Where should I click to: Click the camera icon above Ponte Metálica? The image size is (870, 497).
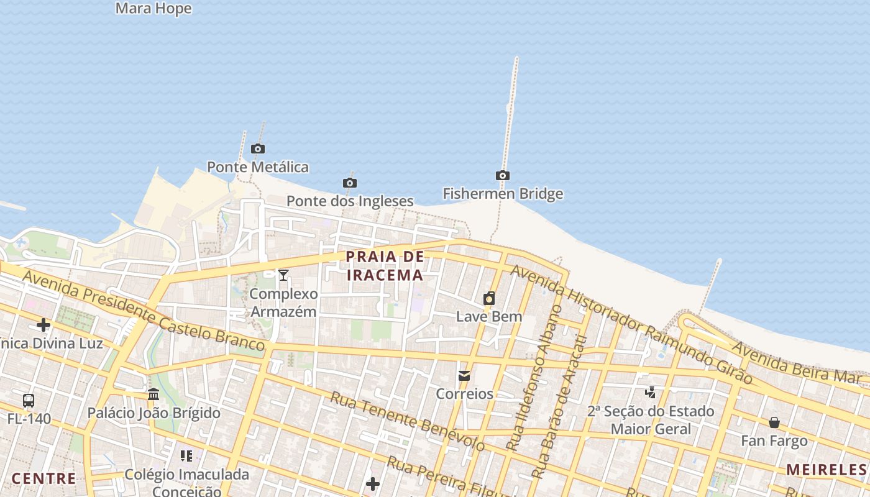click(x=258, y=149)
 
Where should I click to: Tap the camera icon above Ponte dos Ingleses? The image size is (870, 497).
click(x=350, y=183)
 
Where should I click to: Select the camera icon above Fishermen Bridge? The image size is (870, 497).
click(x=503, y=176)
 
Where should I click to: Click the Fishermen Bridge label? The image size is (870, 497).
click(x=503, y=194)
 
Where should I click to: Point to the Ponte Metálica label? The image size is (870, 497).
click(x=257, y=167)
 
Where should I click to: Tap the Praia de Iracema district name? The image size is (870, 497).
click(x=385, y=265)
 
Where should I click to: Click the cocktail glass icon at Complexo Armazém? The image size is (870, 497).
click(x=283, y=275)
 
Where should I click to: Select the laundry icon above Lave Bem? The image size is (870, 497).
click(x=489, y=298)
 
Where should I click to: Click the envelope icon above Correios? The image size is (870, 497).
click(x=464, y=376)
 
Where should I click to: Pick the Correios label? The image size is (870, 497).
click(x=464, y=394)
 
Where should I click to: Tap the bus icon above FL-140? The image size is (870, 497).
click(x=29, y=401)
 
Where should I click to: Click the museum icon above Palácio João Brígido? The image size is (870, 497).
click(x=153, y=394)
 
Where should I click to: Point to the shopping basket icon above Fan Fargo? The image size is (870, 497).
click(x=774, y=423)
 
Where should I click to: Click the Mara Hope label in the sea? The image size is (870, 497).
click(x=153, y=9)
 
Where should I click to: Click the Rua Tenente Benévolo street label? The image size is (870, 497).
click(x=407, y=421)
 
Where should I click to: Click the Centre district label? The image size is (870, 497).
click(x=43, y=478)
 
